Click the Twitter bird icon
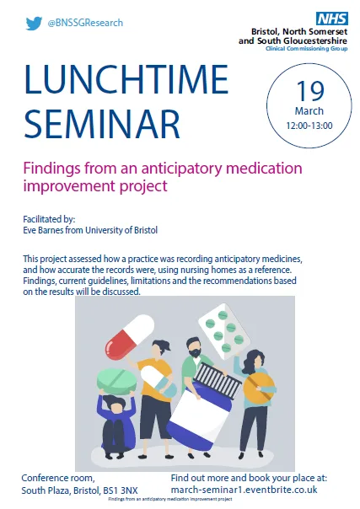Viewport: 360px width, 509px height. pos(34,23)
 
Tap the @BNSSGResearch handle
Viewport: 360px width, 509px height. pos(85,23)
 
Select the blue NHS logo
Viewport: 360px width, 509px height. pos(332,19)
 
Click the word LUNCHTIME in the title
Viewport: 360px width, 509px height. pos(126,79)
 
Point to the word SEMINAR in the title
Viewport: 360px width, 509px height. pos(102,124)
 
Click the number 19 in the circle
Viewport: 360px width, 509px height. pos(310,90)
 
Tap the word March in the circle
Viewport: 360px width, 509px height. pos(309,111)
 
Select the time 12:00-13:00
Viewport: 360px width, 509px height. pos(309,126)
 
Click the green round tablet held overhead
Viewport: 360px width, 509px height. pos(116,380)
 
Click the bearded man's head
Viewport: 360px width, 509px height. pos(194,347)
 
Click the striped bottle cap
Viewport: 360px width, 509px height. pos(218,380)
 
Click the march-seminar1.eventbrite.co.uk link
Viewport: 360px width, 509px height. pos(244,490)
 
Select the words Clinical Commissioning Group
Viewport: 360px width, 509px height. pos(306,49)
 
